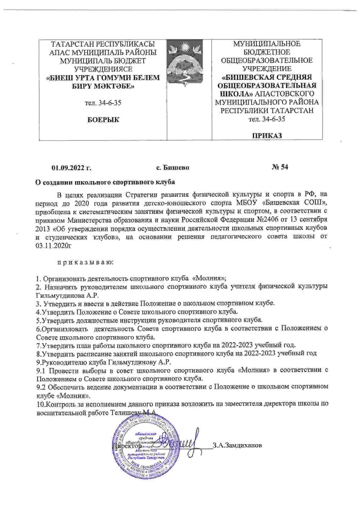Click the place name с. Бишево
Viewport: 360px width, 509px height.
pyautogui.click(x=172, y=168)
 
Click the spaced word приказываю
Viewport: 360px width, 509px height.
pyautogui.click(x=85, y=263)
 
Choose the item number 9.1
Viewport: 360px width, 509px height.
pyautogui.click(x=41, y=370)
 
